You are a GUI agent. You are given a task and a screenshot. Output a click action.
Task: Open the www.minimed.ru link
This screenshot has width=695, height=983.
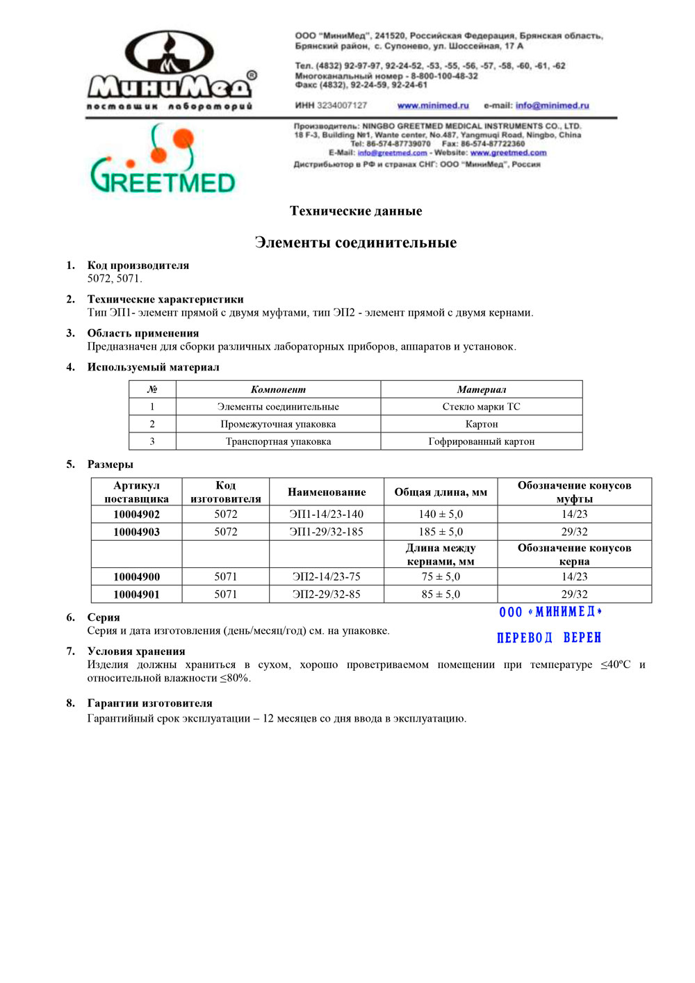(433, 106)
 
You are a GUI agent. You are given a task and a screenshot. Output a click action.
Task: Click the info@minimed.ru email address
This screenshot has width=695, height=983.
(552, 106)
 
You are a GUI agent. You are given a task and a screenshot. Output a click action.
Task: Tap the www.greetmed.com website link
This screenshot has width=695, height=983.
(508, 153)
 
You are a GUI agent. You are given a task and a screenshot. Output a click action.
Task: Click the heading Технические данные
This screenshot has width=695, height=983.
(356, 211)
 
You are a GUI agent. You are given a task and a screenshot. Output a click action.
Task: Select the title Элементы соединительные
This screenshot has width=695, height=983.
(356, 243)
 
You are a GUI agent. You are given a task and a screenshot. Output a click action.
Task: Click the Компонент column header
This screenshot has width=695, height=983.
(278, 389)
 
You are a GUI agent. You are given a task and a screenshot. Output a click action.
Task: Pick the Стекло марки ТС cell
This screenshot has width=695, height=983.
(481, 407)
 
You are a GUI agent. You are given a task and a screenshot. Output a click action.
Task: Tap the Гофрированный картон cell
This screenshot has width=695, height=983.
(481, 441)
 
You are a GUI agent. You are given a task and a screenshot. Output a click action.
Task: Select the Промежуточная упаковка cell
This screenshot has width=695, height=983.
(278, 424)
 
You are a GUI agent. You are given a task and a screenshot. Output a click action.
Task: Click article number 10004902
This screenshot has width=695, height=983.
(136, 514)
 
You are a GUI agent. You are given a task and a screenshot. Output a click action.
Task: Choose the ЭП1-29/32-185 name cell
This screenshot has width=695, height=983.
(327, 532)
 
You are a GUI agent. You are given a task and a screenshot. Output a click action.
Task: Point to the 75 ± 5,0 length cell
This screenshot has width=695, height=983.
(441, 576)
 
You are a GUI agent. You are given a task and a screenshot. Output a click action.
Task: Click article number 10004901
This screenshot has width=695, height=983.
(136, 594)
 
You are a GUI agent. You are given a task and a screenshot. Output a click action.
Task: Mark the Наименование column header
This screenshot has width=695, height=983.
(327, 492)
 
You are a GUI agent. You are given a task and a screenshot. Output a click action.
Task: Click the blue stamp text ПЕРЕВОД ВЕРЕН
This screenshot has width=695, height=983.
(549, 637)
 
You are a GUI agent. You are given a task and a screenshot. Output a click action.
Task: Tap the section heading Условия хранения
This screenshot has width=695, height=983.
(136, 651)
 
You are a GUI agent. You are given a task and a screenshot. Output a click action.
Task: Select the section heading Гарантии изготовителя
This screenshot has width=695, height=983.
(149, 704)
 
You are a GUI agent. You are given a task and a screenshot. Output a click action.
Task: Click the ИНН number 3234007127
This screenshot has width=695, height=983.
(342, 106)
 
